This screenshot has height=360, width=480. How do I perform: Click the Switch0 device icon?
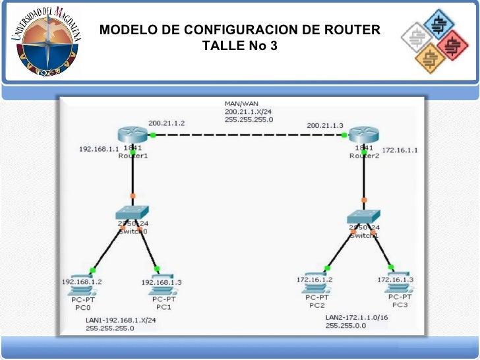coord(132,213)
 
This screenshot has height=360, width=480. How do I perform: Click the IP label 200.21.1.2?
coord(166,123)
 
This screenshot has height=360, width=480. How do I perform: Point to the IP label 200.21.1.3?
coord(325,125)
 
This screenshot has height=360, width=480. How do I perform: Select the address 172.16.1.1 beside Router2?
coord(400,150)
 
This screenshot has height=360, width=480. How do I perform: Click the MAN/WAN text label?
coord(241,104)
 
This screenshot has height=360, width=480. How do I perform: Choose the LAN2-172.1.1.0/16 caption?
coord(361,318)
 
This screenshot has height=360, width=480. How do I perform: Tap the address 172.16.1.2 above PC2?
coord(315,280)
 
